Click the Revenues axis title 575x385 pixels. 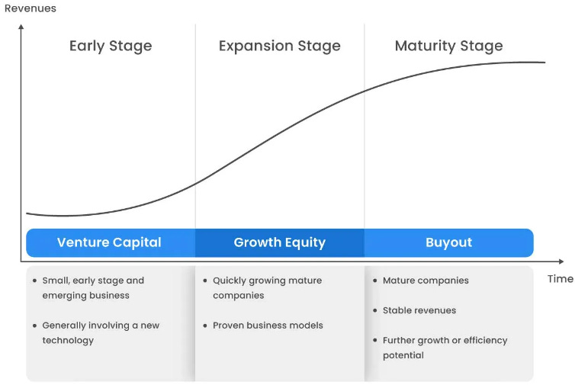[x=31, y=8]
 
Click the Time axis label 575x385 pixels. [x=560, y=279]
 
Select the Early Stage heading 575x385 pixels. [x=111, y=46]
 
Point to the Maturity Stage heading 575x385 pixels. [x=448, y=46]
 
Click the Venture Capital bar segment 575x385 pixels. [x=109, y=242]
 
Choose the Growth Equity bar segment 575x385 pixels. [x=279, y=242]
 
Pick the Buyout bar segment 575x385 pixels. [x=448, y=242]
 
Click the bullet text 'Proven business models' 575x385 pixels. [x=268, y=326]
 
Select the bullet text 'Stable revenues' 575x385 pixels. [x=419, y=310]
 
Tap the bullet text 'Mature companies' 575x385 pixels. [x=426, y=281]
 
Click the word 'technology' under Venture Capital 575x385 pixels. [x=68, y=340]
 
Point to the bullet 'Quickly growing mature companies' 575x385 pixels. [x=267, y=287]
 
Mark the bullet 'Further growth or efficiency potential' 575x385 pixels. [x=445, y=348]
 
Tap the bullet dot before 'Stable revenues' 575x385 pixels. [x=374, y=310]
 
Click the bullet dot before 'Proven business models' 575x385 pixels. [x=204, y=326]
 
